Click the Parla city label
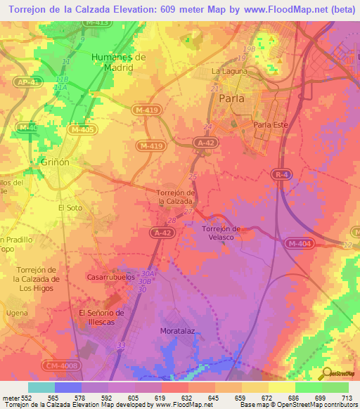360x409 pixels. tap(232, 99)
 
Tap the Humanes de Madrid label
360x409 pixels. tap(118, 62)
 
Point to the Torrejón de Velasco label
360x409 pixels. tap(221, 233)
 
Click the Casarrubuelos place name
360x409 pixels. tap(110, 277)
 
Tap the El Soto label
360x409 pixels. tap(70, 208)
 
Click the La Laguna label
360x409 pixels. tap(229, 72)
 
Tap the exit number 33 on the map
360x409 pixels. tap(121, 345)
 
